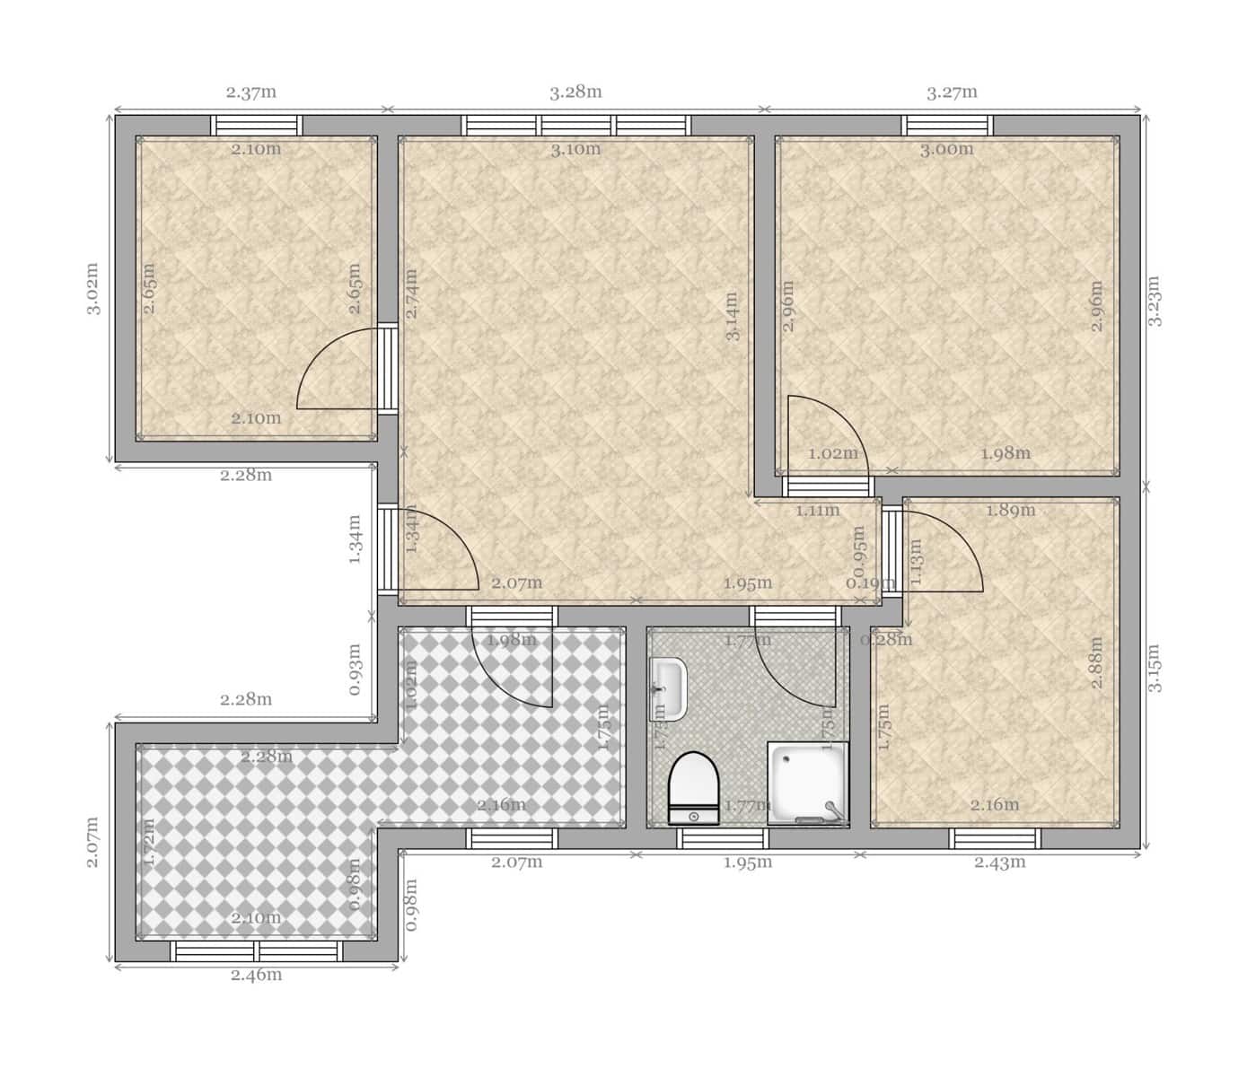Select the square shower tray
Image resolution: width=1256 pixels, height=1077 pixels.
coord(807,782)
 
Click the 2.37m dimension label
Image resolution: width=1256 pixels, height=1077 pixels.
coord(250,92)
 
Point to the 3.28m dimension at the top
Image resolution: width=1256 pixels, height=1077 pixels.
coord(575,92)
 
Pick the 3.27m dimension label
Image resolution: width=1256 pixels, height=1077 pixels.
coord(952,92)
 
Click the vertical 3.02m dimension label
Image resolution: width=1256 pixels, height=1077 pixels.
coord(92,288)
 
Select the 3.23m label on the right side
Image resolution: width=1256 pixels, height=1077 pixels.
coord(1155,300)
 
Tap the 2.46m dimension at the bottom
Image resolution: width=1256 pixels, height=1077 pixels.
coord(256,975)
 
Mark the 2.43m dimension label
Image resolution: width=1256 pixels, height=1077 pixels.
coord(999,862)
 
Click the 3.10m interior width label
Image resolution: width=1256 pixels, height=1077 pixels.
coord(575,149)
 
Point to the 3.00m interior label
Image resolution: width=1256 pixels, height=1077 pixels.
coord(946,149)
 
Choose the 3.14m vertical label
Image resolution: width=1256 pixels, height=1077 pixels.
coord(733,316)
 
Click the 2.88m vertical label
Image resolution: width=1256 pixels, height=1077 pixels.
coord(1096,662)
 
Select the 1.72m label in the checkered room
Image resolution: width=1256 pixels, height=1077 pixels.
coord(150,841)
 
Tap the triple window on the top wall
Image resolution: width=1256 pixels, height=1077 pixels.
coord(576,126)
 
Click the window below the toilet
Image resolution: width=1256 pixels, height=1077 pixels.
coord(722,838)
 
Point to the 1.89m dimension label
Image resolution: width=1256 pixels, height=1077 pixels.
coord(1010,511)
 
